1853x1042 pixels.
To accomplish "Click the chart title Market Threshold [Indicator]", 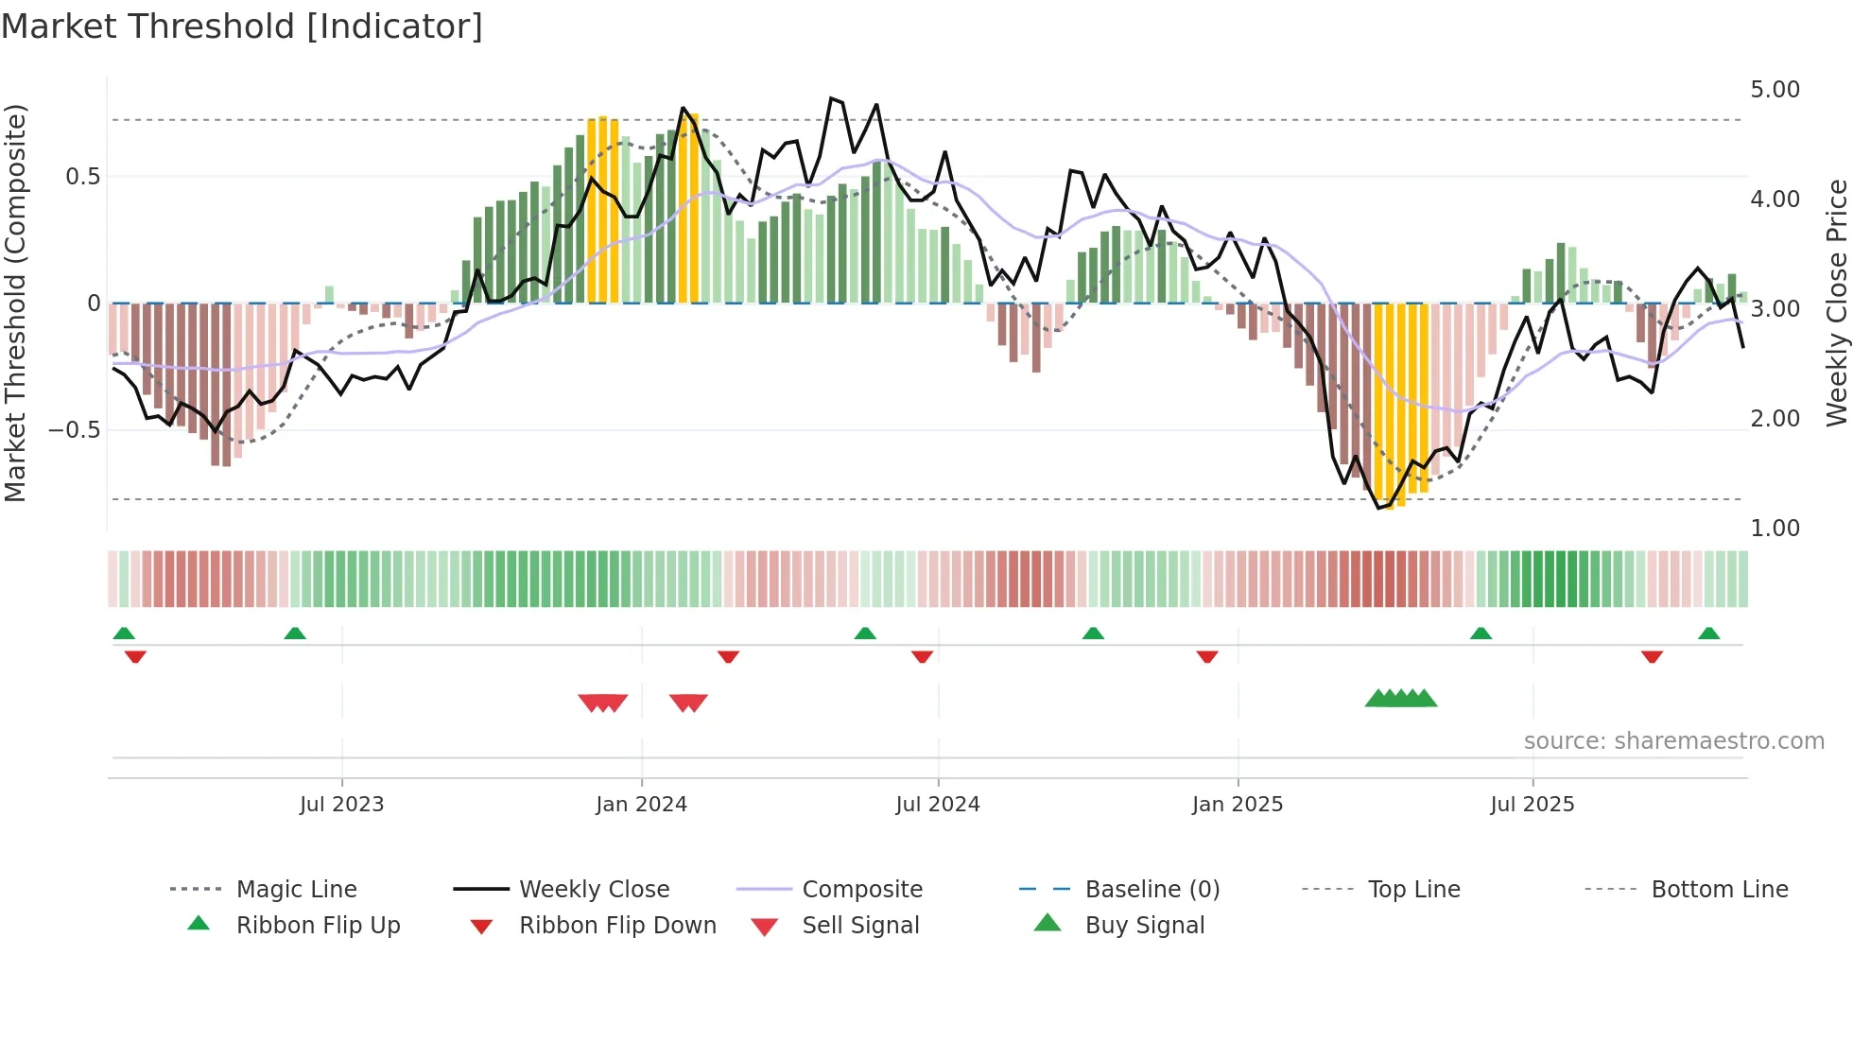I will point(242,26).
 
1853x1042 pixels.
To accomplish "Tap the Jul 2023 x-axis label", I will point(341,805).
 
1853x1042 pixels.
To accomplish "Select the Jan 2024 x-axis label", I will point(641,805).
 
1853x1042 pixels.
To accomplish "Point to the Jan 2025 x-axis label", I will point(1238,805).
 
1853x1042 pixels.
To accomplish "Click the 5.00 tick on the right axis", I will point(1775,90).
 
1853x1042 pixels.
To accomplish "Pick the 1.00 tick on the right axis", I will point(1775,529).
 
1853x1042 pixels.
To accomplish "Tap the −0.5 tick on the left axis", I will point(74,430).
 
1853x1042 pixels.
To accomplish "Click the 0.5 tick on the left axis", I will point(82,177).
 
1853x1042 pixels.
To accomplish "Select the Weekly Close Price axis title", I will point(1836,303).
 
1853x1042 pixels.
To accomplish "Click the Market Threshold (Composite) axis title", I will point(15,303).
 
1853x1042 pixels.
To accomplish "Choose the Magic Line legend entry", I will point(296,890).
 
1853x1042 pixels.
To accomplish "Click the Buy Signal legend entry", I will point(1144,926).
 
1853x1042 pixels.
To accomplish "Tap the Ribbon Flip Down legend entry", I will point(617,926).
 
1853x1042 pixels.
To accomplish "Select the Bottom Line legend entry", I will point(1719,890).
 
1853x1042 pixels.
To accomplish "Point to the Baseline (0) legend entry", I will point(1152,890).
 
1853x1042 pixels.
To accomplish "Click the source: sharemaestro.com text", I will point(1673,741).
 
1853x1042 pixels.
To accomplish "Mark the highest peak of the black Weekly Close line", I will point(831,98).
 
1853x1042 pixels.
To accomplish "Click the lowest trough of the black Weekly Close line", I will point(1379,509).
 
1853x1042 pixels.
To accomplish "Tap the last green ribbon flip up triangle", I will point(1708,634).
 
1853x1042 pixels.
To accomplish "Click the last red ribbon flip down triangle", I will point(1652,656).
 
